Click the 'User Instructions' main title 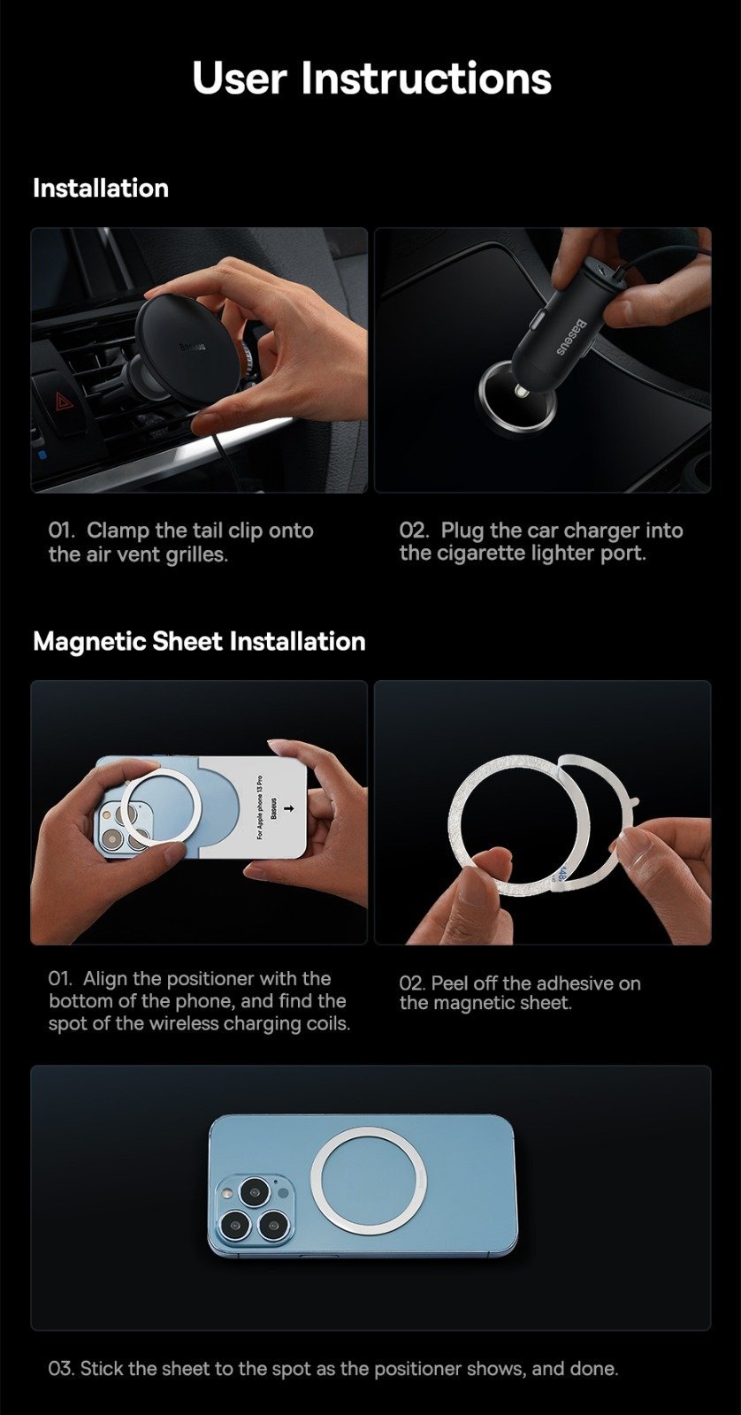click(x=371, y=79)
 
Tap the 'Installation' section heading click(x=101, y=188)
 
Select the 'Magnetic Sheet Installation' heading click(x=199, y=641)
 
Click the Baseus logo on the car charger click(x=569, y=338)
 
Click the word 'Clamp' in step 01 click(x=117, y=532)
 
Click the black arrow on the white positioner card click(x=289, y=808)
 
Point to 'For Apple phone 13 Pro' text click(x=260, y=807)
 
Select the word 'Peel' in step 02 click(x=449, y=983)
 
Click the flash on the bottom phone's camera click(x=282, y=1193)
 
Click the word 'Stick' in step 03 click(x=101, y=1368)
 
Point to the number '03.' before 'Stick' click(x=61, y=1369)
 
